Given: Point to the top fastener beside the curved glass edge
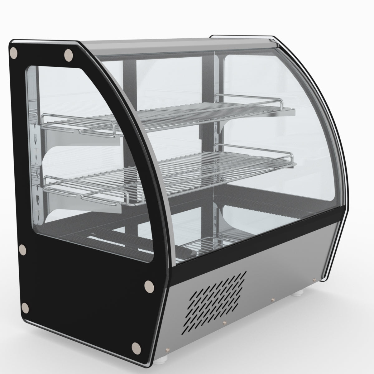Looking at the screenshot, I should pyautogui.click(x=68, y=55).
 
